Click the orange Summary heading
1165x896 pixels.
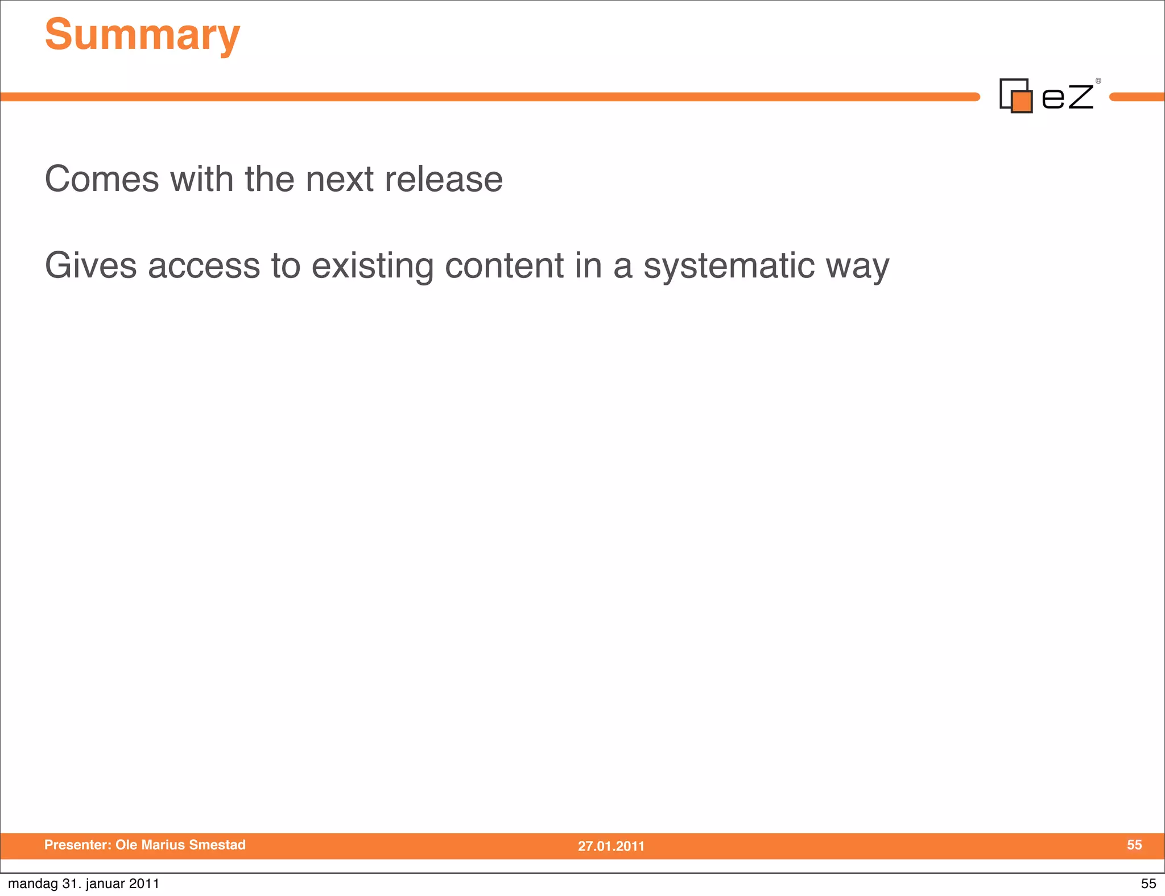(142, 35)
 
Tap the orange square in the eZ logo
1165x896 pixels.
(1022, 102)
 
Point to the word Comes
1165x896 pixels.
(102, 179)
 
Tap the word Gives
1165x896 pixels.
(91, 266)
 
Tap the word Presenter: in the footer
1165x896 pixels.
(78, 845)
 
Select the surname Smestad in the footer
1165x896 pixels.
(217, 845)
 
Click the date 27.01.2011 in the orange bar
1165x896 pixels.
(611, 846)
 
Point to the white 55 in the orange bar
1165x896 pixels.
(1134, 845)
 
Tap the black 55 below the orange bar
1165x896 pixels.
(1149, 883)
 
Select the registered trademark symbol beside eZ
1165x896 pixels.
(1098, 81)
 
